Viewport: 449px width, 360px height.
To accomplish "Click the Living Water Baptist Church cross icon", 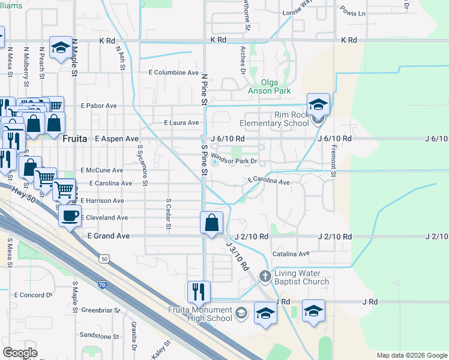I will coord(265,277).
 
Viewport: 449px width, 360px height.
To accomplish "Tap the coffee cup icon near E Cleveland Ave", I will coord(70,215).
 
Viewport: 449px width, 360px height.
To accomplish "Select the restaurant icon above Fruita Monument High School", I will coord(199,292).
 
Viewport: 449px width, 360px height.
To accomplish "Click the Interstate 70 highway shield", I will coord(103,286).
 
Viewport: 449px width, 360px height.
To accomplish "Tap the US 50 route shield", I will coord(105,259).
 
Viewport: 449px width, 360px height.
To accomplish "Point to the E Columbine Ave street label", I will coord(173,73).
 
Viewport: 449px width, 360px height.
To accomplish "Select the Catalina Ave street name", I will coord(291,254).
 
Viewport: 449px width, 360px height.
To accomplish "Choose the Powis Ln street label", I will coord(352,12).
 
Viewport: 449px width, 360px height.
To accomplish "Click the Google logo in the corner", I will coord(20,353).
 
